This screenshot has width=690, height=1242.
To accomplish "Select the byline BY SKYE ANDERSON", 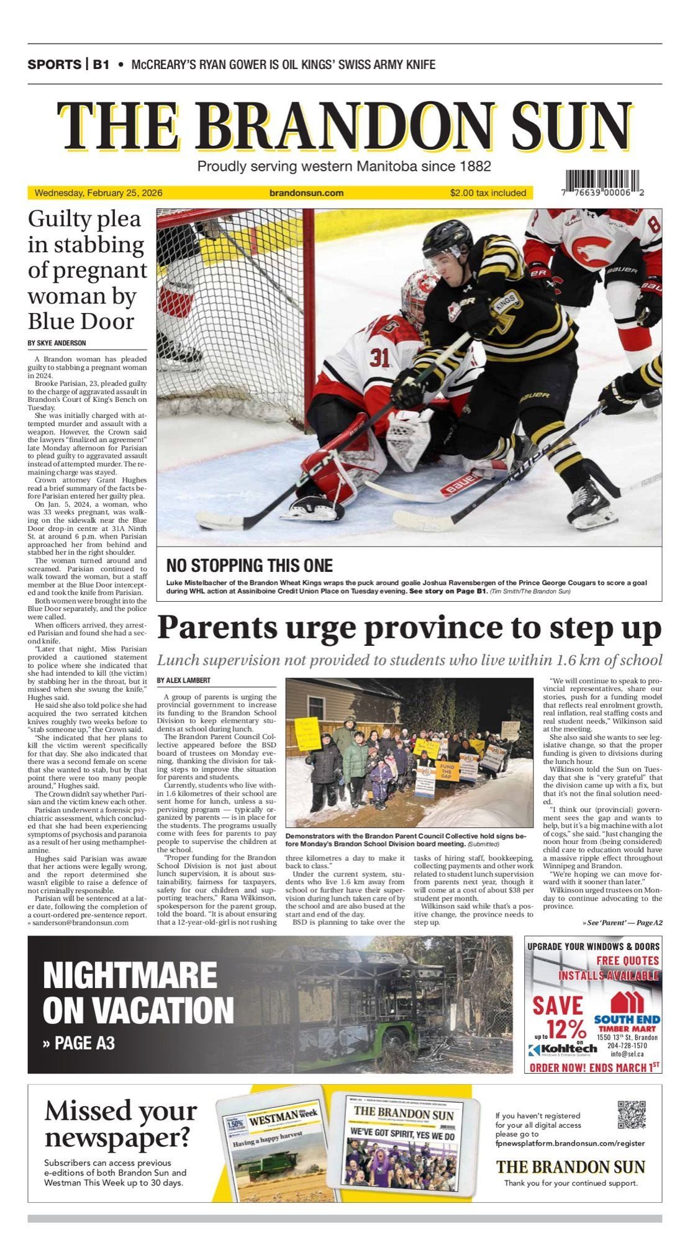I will coord(57,343).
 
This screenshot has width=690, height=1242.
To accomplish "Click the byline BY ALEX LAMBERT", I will coord(183,681).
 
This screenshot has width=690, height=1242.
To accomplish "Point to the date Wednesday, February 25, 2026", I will coord(98,193).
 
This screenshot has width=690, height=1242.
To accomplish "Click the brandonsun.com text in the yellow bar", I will coord(306,193).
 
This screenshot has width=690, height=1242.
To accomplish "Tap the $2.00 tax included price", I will coord(488,193).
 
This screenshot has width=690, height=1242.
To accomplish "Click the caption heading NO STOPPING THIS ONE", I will coord(249,566).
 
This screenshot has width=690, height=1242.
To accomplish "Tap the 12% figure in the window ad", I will coord(566,1029).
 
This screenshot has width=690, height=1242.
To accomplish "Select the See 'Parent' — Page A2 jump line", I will coord(622,923).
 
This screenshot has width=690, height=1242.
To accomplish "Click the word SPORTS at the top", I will coord(54,65).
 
